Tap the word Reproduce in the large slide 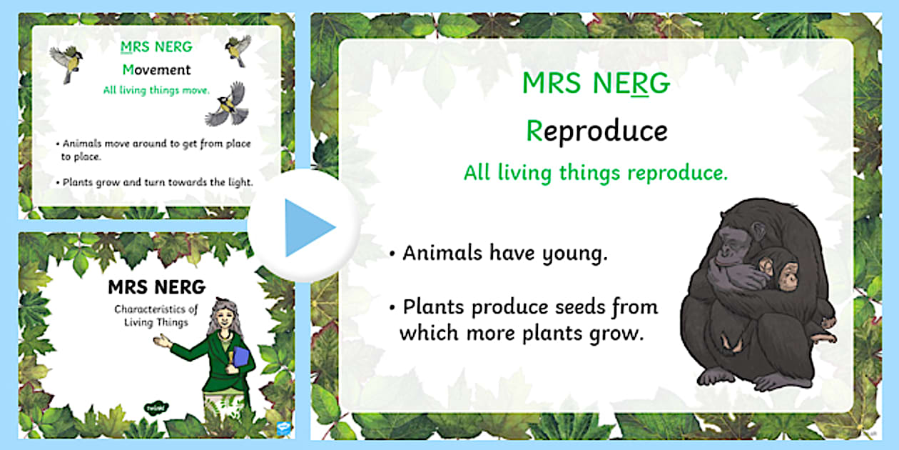[596, 131]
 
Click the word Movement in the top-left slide [156, 70]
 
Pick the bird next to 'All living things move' [227, 104]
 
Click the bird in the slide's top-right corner [236, 49]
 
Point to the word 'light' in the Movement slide [238, 182]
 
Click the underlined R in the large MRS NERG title [639, 84]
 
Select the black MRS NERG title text [156, 287]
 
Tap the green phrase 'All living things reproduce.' [596, 172]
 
